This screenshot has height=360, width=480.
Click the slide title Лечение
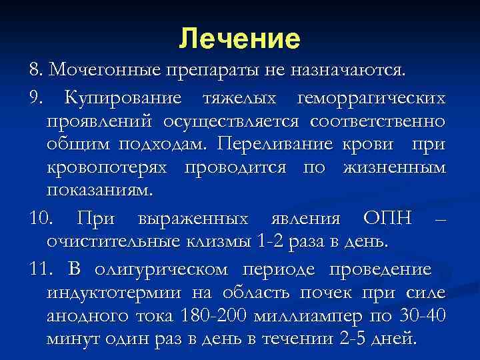pyautogui.click(x=239, y=39)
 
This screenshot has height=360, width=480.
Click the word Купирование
pyautogui.click(x=123, y=98)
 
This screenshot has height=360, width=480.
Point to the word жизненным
pyautogui.click(x=394, y=168)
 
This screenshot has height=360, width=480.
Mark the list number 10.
pyautogui.click(x=37, y=217)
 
